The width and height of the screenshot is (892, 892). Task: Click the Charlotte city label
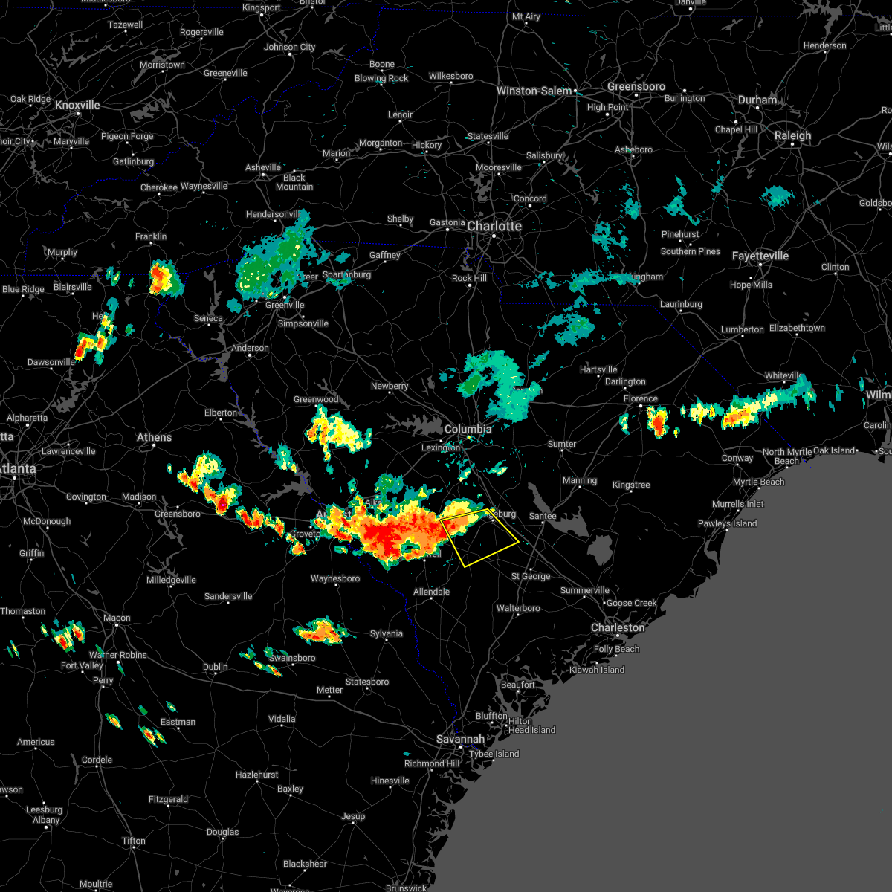[494, 226]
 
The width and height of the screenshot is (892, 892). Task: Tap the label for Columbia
[468, 429]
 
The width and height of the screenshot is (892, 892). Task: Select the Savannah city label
[460, 739]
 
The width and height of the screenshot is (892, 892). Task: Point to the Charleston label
[618, 627]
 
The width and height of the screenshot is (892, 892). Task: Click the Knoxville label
[77, 105]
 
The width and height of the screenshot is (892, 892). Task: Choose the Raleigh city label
[793, 135]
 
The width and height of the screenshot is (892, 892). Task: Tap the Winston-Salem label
[534, 91]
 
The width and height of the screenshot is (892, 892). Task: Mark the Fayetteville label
[760, 256]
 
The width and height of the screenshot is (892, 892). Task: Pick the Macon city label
[117, 618]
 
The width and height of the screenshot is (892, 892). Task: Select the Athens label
[154, 437]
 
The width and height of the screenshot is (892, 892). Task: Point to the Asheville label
[263, 167]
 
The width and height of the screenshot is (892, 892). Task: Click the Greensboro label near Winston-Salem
[636, 86]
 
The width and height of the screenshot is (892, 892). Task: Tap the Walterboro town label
[518, 608]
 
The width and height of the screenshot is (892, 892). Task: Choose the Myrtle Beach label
[758, 482]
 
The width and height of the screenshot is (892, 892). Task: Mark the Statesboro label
[367, 682]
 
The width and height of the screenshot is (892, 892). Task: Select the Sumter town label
[562, 444]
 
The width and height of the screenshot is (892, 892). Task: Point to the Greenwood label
[316, 399]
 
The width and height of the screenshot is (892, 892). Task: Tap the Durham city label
[757, 100]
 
